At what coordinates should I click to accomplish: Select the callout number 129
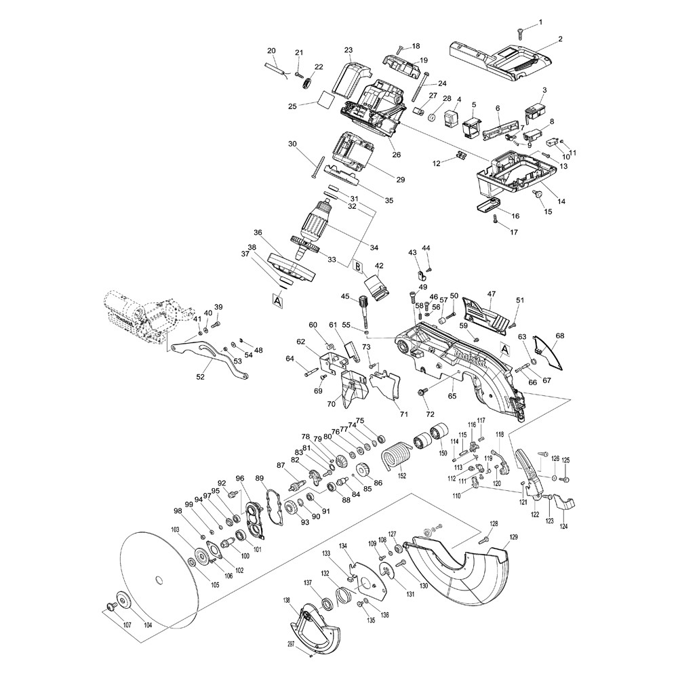tap(513, 537)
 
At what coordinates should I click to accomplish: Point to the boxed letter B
tap(357, 266)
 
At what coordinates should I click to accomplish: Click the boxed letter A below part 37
tap(277, 298)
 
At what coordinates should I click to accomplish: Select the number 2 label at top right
tap(560, 39)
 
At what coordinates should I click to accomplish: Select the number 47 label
tap(492, 294)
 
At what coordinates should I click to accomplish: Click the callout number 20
tap(271, 51)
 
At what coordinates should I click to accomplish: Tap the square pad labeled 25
tap(325, 100)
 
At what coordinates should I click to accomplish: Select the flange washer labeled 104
tap(124, 600)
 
